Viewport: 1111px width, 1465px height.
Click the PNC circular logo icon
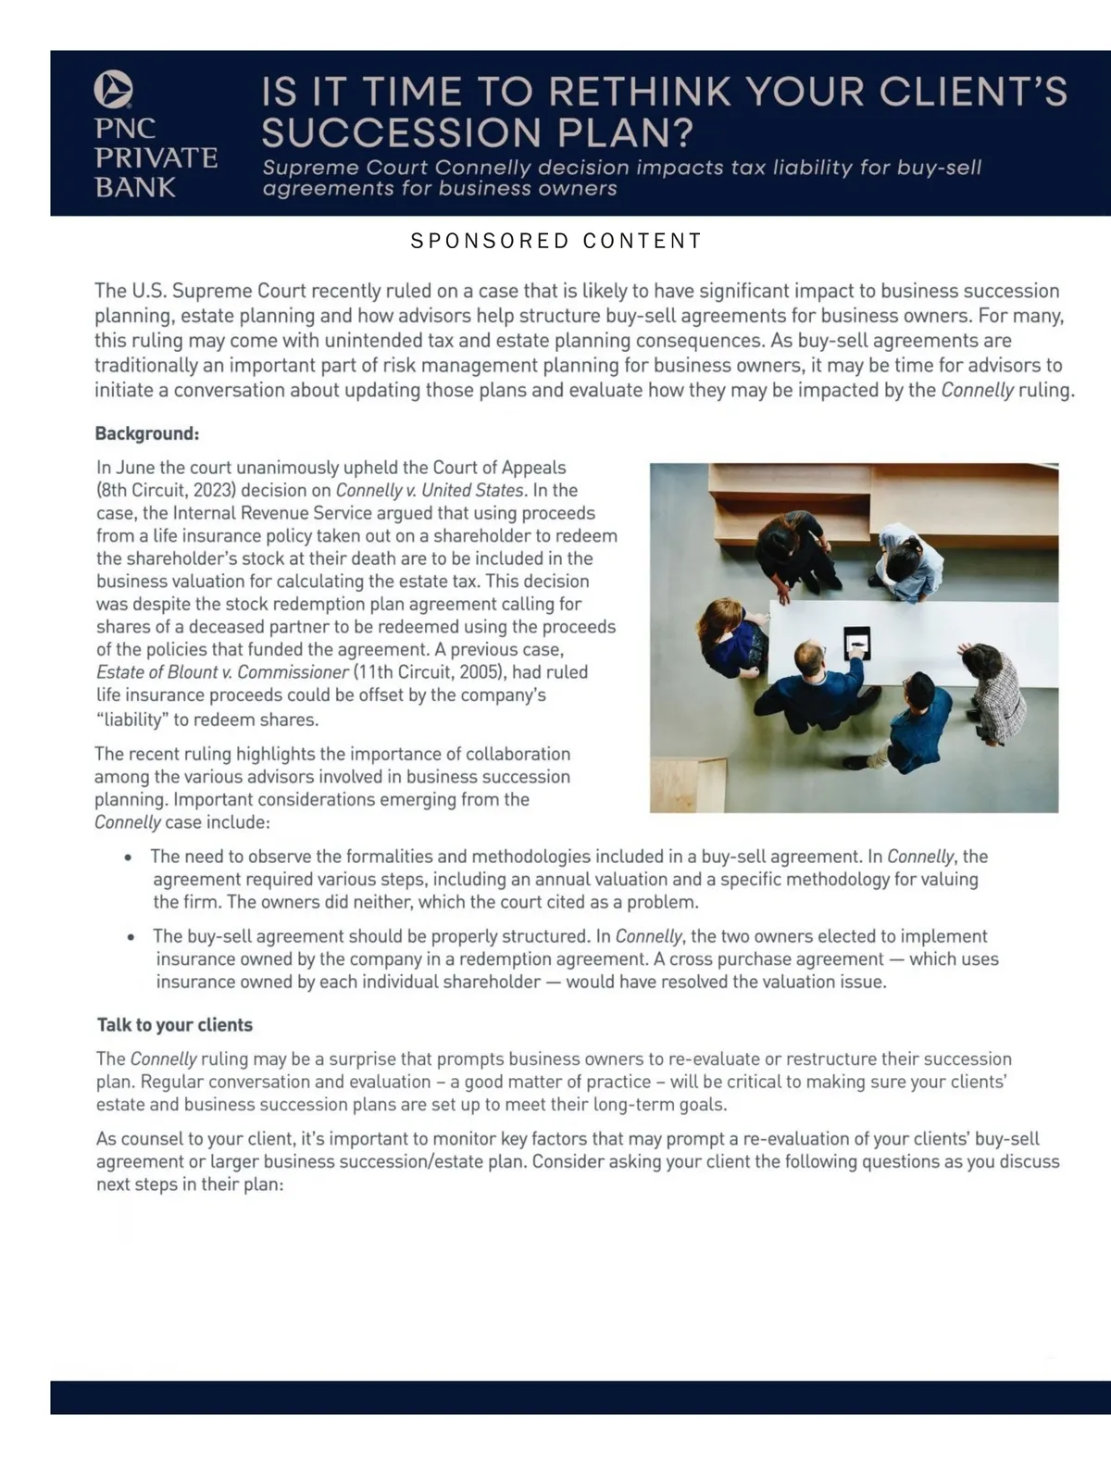(x=113, y=90)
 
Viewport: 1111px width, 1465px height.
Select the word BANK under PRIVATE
(x=135, y=188)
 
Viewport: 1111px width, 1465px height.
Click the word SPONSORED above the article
(x=490, y=241)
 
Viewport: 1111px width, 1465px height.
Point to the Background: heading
(x=146, y=433)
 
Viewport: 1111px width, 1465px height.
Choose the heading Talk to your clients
(x=175, y=1025)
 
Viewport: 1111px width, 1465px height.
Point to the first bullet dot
(x=129, y=858)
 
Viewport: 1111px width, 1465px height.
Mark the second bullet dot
(x=131, y=937)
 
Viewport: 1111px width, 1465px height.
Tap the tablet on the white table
(x=856, y=642)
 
